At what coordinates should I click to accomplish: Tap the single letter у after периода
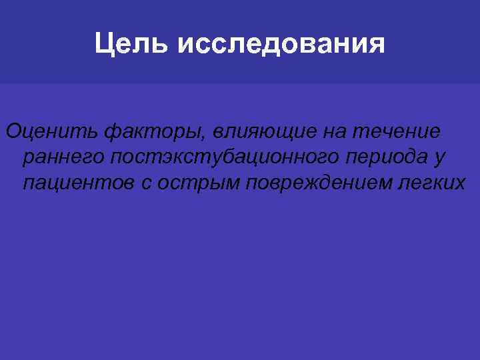coord(439,159)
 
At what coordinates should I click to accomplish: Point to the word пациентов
coord(78,183)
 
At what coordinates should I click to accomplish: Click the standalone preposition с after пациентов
coord(147,183)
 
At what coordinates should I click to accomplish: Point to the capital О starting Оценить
coord(13,133)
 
